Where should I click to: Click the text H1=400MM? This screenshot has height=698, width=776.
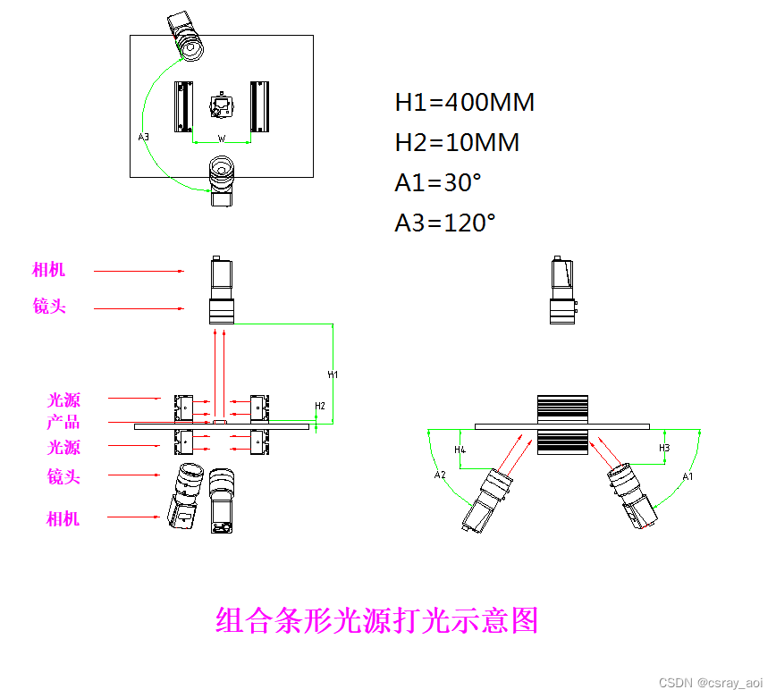[x=464, y=103]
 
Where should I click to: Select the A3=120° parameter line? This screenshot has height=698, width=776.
[x=444, y=223]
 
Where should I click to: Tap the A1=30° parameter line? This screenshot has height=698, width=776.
[x=438, y=183]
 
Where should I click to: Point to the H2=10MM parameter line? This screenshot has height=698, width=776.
[x=457, y=143]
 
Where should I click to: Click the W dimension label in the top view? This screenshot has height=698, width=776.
[x=222, y=139]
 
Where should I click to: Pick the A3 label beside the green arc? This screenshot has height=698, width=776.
[x=143, y=137]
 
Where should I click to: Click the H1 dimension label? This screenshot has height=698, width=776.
[x=333, y=374]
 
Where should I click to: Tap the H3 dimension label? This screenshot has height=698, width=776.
[x=664, y=447]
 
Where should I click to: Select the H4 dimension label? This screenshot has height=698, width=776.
[x=460, y=449]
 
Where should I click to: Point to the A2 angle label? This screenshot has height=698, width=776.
[x=440, y=475]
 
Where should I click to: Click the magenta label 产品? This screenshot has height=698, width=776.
[x=63, y=422]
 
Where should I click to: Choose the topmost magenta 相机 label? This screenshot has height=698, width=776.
[x=48, y=270]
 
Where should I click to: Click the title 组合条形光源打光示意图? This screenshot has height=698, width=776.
[x=376, y=619]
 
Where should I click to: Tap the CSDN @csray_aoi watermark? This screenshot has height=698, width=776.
[x=712, y=682]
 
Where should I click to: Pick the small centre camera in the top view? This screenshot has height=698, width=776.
[x=221, y=106]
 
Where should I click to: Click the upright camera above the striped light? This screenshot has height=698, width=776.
[x=562, y=290]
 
